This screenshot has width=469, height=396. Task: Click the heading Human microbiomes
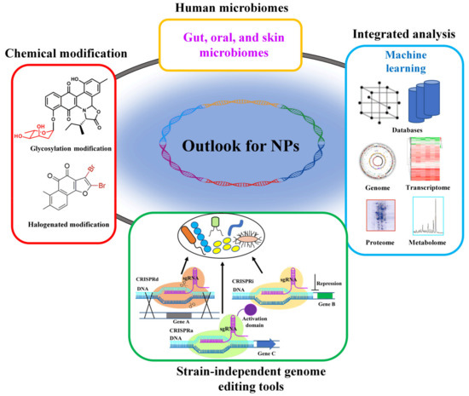click(x=235, y=9)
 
